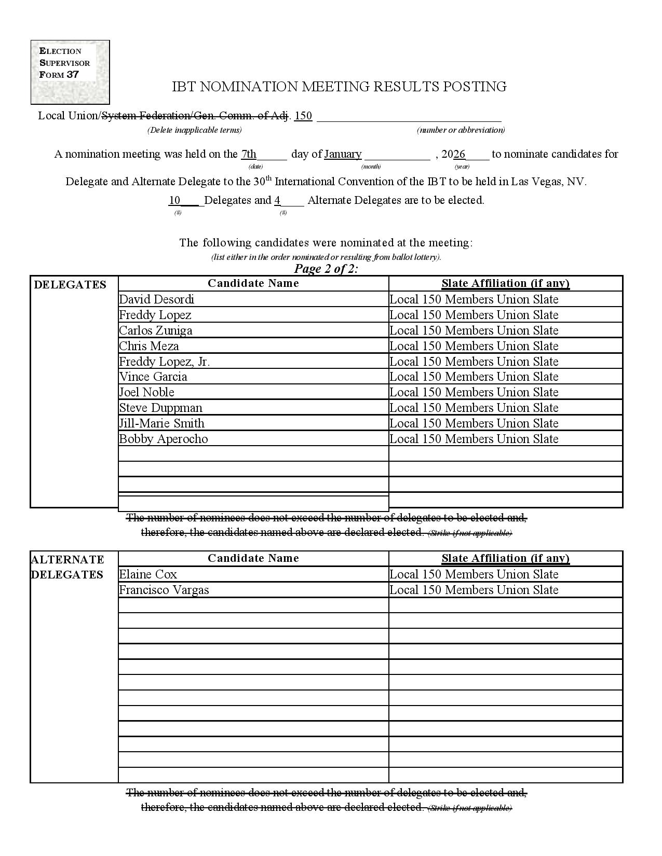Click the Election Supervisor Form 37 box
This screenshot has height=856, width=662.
pos(70,72)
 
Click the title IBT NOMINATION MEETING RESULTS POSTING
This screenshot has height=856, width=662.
pos(339,87)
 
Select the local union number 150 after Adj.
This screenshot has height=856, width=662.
pos(303,116)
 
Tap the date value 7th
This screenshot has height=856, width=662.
pos(249,154)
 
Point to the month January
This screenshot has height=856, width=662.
pos(343,154)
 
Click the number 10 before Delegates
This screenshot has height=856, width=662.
pos(174,200)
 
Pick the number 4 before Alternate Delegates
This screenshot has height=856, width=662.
pos(278,200)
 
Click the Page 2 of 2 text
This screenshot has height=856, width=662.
pos(326,269)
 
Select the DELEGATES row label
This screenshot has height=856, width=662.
pos(70,284)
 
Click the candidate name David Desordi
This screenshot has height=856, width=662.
pos(157,299)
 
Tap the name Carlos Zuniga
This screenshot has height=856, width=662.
pos(156,330)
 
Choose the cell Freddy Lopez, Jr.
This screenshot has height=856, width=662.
pos(165,362)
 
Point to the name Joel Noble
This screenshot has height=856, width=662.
pos(147,392)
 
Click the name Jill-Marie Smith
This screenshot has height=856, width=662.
pos(162,423)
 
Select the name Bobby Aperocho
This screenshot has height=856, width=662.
pos(164,439)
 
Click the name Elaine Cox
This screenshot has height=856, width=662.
pos(148,574)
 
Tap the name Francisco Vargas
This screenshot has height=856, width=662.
pos(164,590)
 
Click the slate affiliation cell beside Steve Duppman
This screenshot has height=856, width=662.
pos(474,408)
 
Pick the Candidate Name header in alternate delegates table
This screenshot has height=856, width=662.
pos(253,558)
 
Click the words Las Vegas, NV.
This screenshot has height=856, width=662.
pos(548,182)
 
